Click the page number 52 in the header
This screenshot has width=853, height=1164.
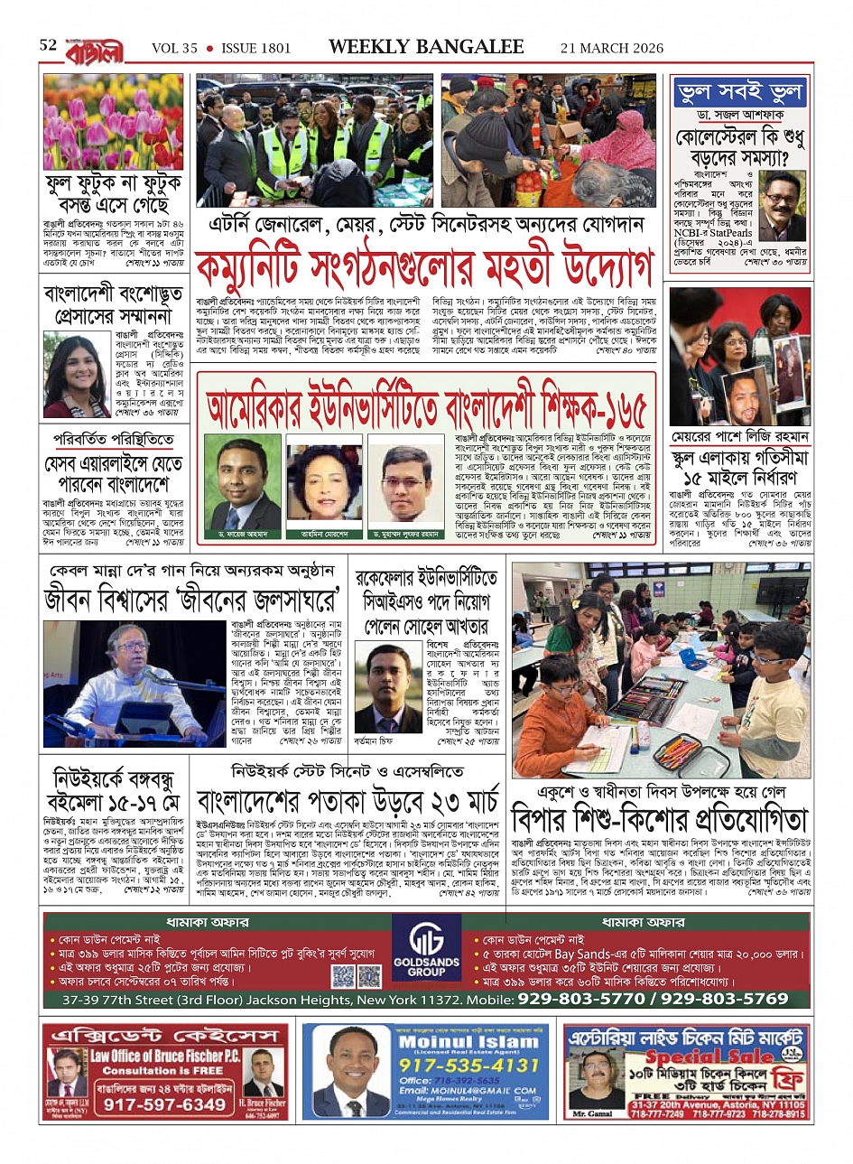coord(48,45)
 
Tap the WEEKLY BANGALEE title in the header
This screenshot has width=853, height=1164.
coord(426,47)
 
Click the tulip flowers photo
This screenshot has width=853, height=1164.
coord(113,122)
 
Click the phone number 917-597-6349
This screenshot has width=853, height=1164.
coord(164,1104)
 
